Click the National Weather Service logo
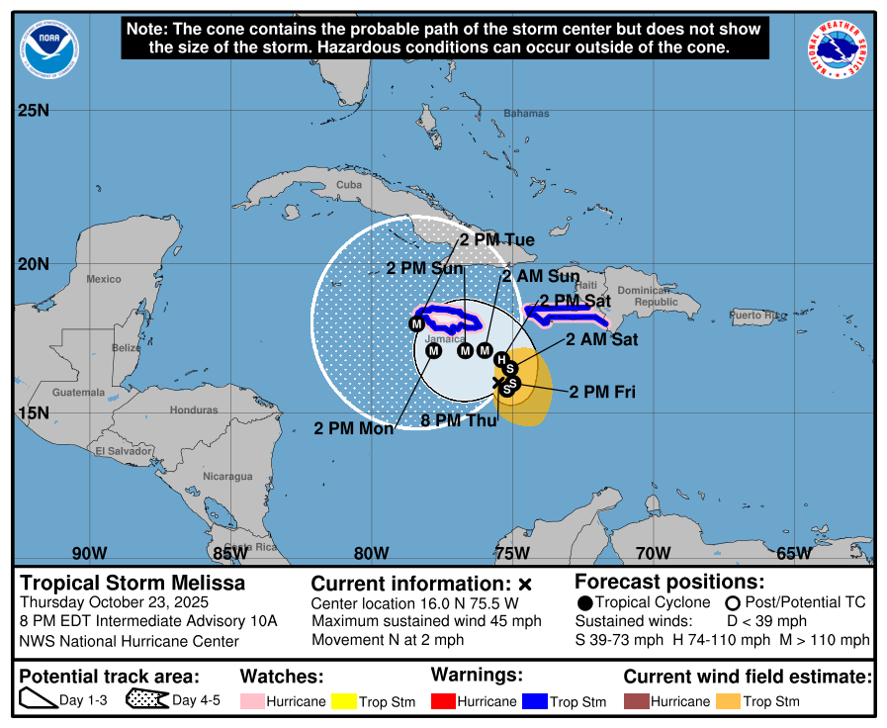842,50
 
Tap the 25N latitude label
33,110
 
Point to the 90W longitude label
88,553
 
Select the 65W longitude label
793,553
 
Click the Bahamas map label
525,114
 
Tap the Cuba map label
349,185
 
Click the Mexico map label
103,279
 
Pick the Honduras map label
194,409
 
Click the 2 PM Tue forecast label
497,240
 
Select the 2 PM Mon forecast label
354,429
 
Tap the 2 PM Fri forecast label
601,393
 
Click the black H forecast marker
501,359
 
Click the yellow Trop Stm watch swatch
344,701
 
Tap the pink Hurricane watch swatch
252,701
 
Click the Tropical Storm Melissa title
133,583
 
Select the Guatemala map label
78,393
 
